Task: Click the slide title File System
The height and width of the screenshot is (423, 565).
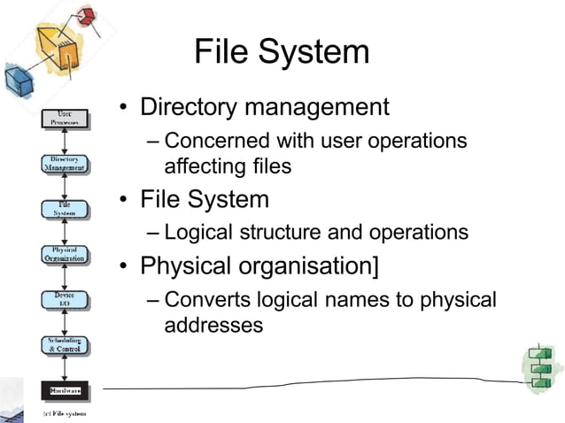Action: click(282, 51)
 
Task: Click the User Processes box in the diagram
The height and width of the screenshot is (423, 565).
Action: click(65, 118)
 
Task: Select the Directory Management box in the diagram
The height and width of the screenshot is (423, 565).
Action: click(65, 164)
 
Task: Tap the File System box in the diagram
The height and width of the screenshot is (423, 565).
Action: click(65, 209)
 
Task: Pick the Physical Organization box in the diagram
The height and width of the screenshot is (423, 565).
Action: click(65, 255)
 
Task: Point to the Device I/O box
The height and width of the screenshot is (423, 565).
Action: click(65, 300)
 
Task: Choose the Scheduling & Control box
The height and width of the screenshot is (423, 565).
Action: click(65, 345)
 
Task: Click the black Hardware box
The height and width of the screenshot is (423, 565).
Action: click(65, 388)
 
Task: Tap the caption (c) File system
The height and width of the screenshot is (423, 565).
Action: click(59, 413)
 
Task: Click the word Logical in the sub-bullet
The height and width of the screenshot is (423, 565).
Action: click(197, 233)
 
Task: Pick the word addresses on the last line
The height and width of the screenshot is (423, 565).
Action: click(213, 325)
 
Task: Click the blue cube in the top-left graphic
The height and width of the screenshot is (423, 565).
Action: click(18, 83)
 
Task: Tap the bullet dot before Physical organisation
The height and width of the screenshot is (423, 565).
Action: click(126, 266)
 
